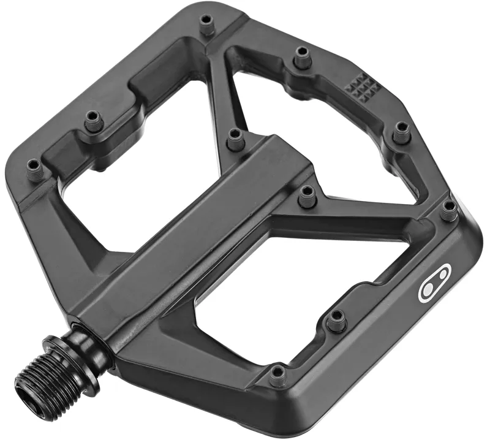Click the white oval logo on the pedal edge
434,283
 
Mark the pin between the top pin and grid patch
301,58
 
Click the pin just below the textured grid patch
401,132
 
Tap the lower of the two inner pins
307,196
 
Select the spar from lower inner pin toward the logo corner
367,211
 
